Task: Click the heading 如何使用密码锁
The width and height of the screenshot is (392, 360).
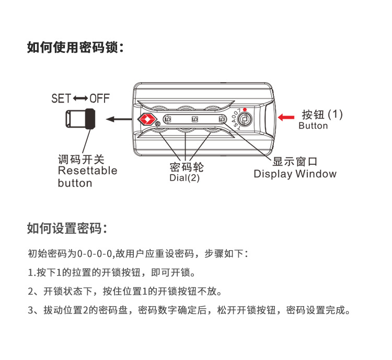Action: click(x=75, y=48)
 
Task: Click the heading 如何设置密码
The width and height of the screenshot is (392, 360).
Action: click(x=67, y=229)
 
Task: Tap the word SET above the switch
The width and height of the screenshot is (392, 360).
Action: click(x=61, y=98)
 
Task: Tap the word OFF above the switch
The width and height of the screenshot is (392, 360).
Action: click(x=99, y=98)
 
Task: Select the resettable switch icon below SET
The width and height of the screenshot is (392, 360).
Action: click(x=80, y=119)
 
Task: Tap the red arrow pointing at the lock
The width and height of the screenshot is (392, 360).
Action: click(x=286, y=117)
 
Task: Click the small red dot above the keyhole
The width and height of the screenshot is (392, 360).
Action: click(x=244, y=110)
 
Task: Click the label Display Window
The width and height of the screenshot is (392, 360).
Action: click(x=295, y=174)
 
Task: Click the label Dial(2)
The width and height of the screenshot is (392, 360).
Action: click(x=185, y=178)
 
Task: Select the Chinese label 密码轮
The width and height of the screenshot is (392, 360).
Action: click(x=186, y=167)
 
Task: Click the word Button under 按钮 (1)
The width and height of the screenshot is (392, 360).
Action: click(x=313, y=126)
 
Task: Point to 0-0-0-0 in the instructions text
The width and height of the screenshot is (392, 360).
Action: click(x=95, y=254)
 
